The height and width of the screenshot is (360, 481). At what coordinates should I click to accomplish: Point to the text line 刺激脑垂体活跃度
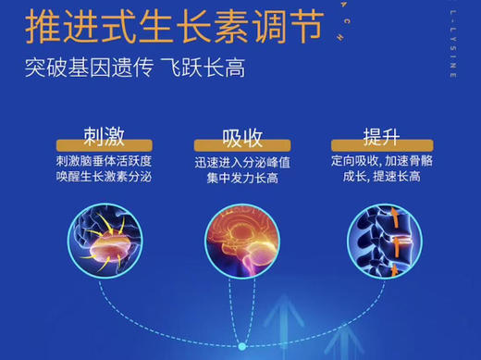click(103, 160)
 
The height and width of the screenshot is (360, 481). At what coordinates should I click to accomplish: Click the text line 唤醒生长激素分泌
click(103, 177)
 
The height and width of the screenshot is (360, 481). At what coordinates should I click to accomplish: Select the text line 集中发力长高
click(243, 177)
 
